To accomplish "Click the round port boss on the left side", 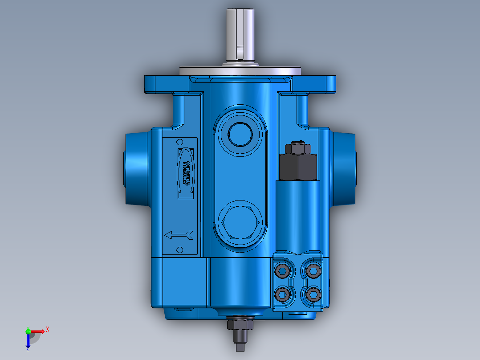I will [136, 167].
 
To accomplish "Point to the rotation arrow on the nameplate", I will [179, 235].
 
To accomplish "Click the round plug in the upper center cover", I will [240, 133].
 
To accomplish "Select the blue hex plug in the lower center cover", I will [240, 223].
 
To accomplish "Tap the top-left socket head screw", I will [283, 270].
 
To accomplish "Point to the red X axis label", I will [47, 329].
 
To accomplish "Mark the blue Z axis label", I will [28, 349].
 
